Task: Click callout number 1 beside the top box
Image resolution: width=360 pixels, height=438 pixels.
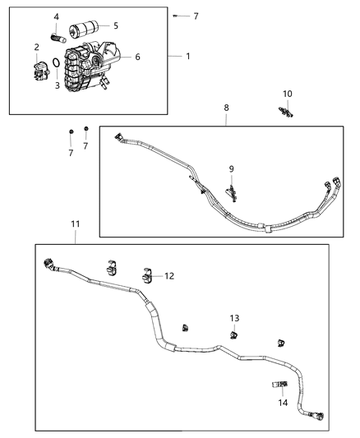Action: [187, 57]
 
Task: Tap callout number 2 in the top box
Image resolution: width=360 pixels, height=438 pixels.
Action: [37, 48]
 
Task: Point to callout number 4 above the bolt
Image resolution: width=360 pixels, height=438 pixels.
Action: [57, 16]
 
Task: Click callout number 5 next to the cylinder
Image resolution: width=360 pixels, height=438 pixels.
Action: [116, 25]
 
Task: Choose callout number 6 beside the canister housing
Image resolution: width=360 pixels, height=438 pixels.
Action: [137, 57]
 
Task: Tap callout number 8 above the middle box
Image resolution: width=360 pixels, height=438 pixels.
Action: [226, 108]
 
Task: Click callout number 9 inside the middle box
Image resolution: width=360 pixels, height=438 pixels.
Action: [232, 168]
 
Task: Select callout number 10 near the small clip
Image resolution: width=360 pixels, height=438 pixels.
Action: [288, 94]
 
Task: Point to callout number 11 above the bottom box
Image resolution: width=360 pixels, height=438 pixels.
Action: [75, 224]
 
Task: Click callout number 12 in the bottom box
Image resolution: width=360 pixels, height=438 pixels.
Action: [169, 276]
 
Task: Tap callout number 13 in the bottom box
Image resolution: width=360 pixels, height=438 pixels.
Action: [234, 318]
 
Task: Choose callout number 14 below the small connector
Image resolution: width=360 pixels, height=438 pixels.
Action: [284, 403]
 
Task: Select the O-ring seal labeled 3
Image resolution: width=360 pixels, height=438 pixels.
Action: [54, 64]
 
